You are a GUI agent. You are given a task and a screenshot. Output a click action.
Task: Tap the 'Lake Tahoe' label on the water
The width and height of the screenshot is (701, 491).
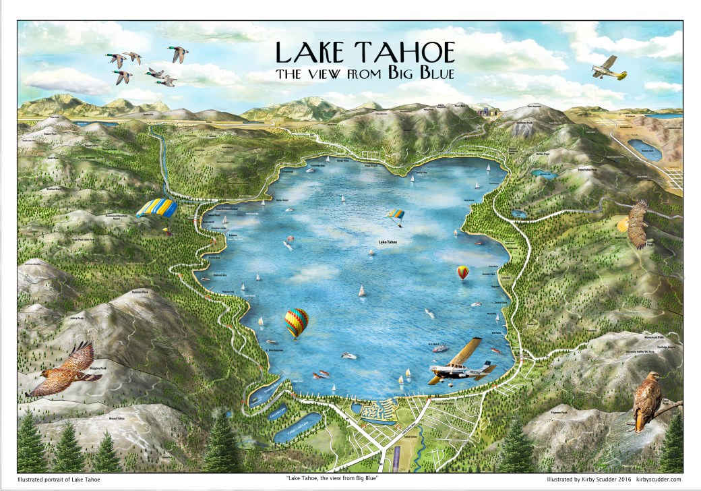pos(387,241)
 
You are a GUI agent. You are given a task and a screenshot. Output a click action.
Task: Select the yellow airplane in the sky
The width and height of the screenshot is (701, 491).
pos(609,69)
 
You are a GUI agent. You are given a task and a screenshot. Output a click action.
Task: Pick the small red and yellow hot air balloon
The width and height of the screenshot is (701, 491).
pos(462,272)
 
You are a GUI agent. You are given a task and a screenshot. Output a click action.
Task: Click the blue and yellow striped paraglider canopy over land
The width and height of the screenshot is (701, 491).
pos(156,208)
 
